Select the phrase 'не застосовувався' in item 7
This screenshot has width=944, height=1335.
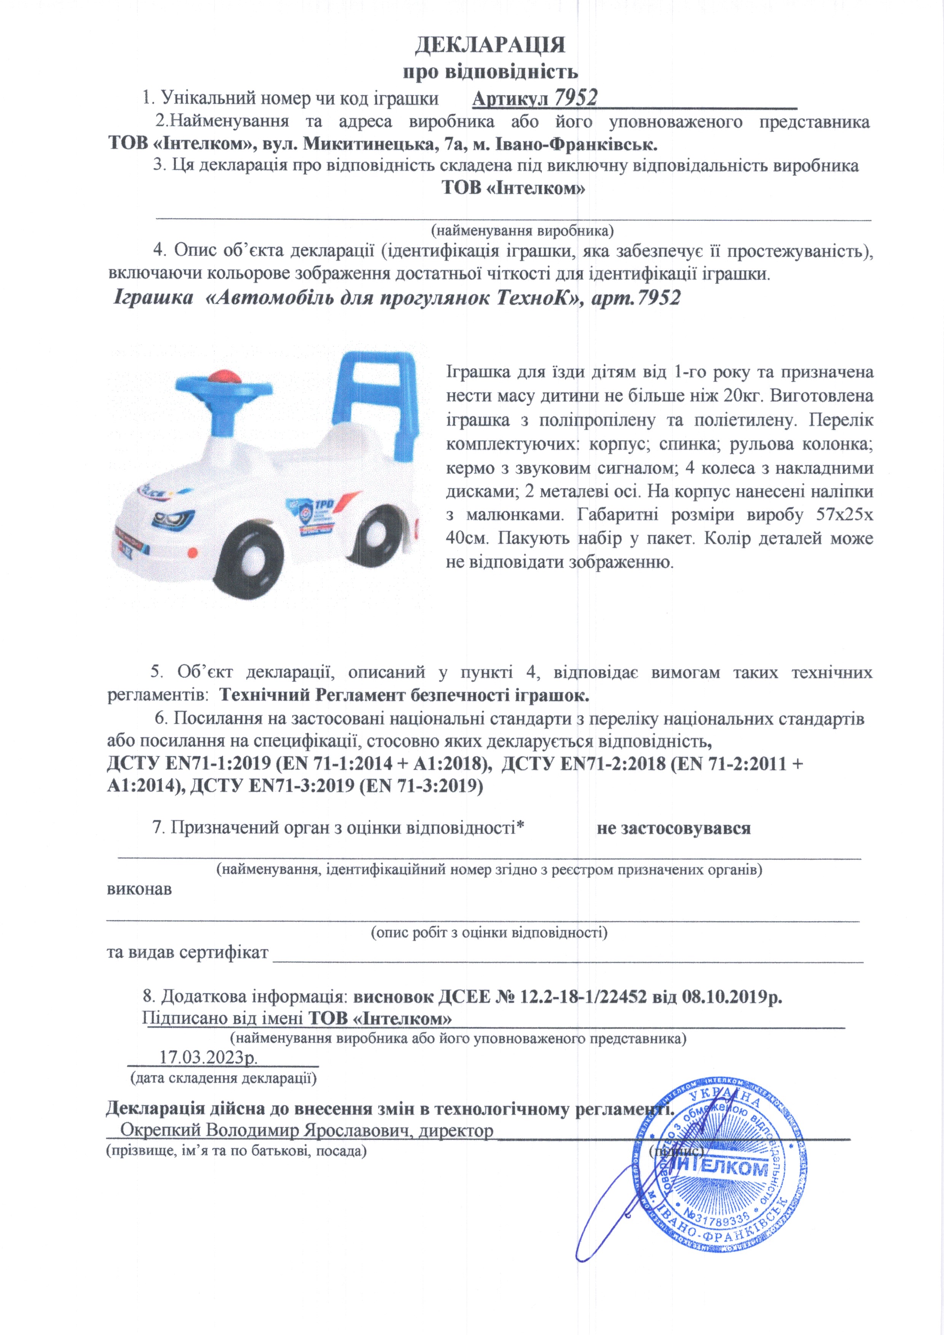tap(673, 828)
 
